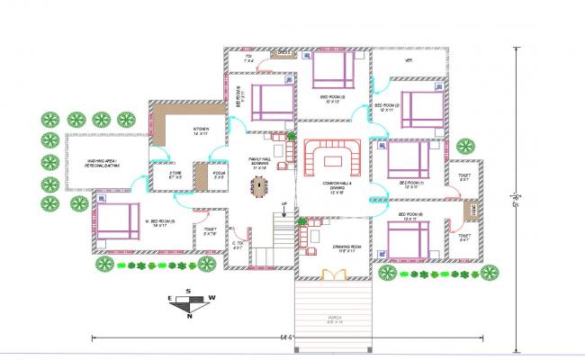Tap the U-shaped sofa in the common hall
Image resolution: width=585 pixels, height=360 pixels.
pyautogui.click(x=332, y=161)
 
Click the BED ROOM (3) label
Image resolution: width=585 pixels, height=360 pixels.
pyautogui.click(x=332, y=97)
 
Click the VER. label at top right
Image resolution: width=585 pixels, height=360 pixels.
pyautogui.click(x=408, y=60)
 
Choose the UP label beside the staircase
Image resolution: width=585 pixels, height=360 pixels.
pyautogui.click(x=283, y=204)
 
